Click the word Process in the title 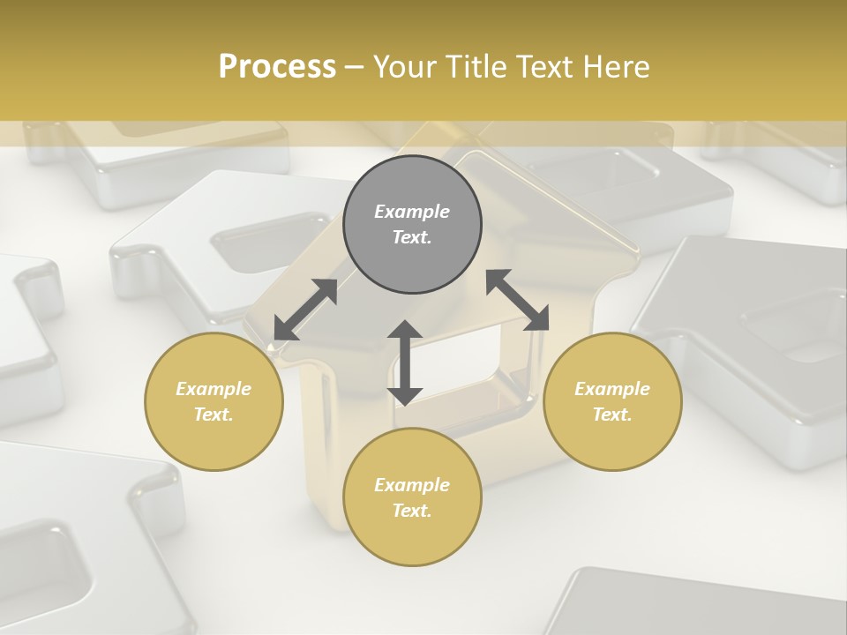(x=277, y=67)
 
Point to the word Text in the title (x=546, y=67)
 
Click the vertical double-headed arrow (x=405, y=363)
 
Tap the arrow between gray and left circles (x=305, y=310)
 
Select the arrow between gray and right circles (x=517, y=300)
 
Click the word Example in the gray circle (x=412, y=212)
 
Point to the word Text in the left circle (x=214, y=415)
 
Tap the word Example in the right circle (x=612, y=389)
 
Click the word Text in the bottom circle (x=412, y=511)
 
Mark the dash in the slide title (x=354, y=67)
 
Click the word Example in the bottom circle (x=412, y=485)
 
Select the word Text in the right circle (x=612, y=415)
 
